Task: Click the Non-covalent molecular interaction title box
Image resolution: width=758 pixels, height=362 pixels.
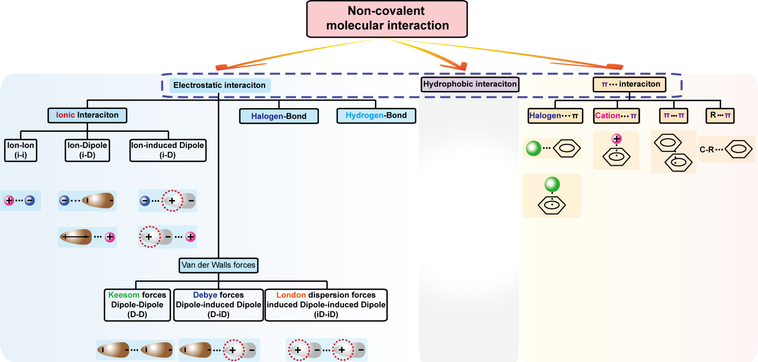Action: (387, 19)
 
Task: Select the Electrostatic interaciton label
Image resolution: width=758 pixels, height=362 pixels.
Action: (218, 85)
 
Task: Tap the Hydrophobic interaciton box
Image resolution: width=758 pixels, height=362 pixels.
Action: (470, 84)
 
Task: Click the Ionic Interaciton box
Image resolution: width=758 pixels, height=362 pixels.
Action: (87, 115)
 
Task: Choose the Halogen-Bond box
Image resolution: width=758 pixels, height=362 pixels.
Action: (279, 116)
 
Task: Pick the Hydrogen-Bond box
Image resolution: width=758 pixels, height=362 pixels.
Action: (376, 115)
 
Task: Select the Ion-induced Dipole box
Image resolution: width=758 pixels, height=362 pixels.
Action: (168, 150)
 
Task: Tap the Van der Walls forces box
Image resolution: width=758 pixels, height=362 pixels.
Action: (218, 265)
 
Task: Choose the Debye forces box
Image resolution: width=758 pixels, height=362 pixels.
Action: (218, 305)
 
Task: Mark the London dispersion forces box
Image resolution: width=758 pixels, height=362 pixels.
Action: (326, 305)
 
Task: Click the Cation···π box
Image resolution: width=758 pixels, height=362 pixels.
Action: (617, 115)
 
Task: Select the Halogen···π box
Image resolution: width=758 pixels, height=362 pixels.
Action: (555, 115)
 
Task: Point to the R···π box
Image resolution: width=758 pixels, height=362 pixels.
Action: (720, 115)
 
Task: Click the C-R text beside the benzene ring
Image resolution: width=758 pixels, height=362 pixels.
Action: (707, 149)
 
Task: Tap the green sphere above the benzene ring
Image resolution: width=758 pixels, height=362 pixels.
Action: (552, 184)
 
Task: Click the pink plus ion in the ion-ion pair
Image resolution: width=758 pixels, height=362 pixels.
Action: (9, 201)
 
